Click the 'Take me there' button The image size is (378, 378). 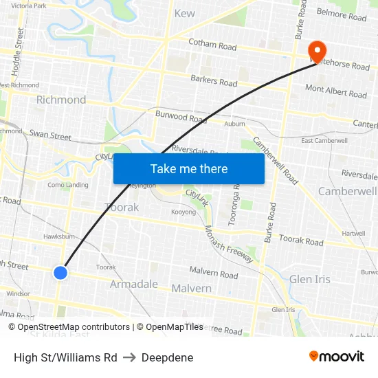click(188, 168)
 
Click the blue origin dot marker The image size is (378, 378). click(60, 273)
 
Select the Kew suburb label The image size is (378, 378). click(184, 13)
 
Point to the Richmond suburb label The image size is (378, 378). click(61, 100)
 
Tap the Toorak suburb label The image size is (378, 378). click(122, 207)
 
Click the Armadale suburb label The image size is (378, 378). click(134, 284)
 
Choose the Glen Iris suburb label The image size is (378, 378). click(309, 279)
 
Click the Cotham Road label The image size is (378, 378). click(213, 46)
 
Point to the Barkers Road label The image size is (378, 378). click(214, 81)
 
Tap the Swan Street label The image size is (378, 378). click(50, 135)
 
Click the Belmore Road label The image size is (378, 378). click(342, 14)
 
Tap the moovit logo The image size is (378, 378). click(336, 356)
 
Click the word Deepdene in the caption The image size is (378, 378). click(167, 357)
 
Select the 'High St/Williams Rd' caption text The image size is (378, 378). click(65, 357)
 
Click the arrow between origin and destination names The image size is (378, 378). click(129, 357)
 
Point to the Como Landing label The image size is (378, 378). click(68, 185)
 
